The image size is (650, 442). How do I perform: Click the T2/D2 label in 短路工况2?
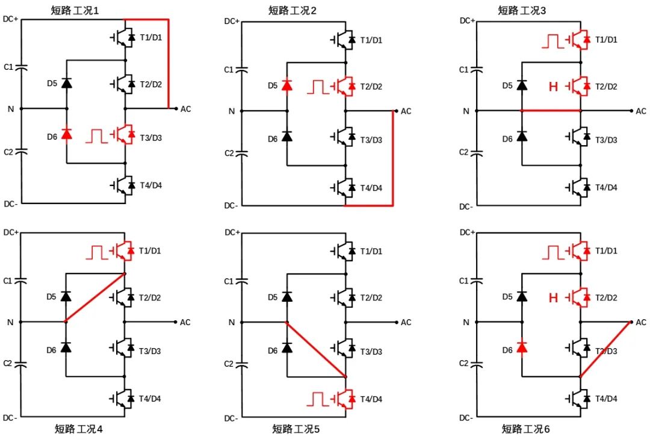371,87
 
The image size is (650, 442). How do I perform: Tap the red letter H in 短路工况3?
553,87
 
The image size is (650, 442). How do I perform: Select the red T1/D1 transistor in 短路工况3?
579,40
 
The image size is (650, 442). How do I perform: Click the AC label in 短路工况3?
640,111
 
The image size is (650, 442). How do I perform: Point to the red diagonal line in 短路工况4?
95,297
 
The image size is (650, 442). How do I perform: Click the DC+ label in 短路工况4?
11,232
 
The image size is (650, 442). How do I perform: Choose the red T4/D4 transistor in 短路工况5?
345,398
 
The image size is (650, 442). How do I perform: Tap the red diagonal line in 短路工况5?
316,350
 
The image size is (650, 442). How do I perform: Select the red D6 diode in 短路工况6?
522,347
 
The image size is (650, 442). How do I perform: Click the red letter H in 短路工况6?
553,297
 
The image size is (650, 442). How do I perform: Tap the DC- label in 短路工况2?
231,206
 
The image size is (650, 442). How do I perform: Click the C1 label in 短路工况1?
8,67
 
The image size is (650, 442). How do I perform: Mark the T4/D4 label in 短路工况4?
150,398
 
